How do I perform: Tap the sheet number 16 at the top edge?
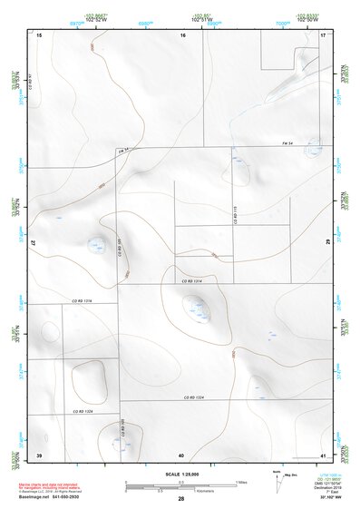click(182, 34)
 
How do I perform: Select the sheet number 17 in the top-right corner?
click(324, 34)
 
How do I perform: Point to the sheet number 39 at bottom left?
click(39, 454)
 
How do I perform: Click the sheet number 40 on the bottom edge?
click(181, 454)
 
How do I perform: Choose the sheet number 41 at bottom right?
click(324, 454)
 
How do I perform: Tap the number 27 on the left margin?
click(34, 244)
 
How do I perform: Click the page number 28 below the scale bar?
click(181, 499)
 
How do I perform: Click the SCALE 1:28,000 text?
click(181, 474)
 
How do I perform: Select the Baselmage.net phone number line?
click(51, 499)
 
